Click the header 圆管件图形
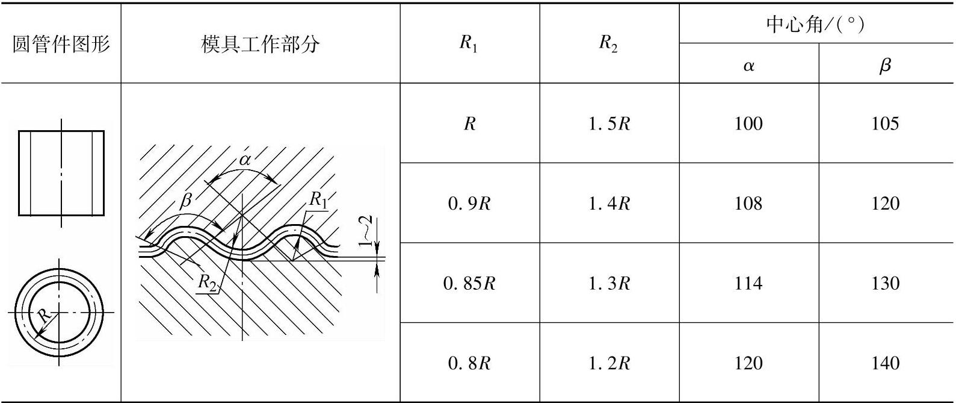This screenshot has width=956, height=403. click(x=61, y=44)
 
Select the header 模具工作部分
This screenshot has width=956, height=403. click(x=260, y=44)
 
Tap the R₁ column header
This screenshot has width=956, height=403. click(x=469, y=43)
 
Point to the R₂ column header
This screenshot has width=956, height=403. click(x=608, y=43)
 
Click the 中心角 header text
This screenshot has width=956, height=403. click(x=815, y=24)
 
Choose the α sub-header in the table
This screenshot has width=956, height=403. click(x=748, y=65)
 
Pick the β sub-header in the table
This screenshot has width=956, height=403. click(x=885, y=65)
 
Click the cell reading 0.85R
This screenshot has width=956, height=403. click(x=469, y=283)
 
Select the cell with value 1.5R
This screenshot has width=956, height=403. click(x=609, y=123)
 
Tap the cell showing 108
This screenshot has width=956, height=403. click(x=748, y=203)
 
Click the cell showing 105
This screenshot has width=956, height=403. click(x=885, y=123)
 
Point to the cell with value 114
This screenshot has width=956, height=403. click(x=748, y=283)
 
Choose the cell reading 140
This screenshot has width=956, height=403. click(x=885, y=363)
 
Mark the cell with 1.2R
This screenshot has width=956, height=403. click(x=609, y=363)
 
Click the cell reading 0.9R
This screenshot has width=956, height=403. click(x=469, y=203)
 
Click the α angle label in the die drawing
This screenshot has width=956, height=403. click(x=245, y=160)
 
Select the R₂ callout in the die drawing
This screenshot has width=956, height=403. click(x=208, y=282)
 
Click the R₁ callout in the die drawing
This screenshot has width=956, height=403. click(x=318, y=199)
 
